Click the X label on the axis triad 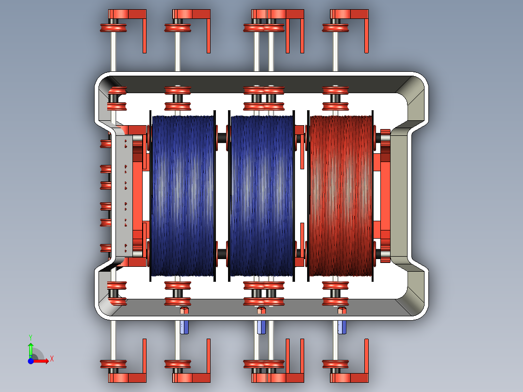tap(52, 359)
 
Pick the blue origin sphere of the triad tap(31, 361)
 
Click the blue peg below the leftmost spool tap(184, 327)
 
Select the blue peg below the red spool tap(343, 327)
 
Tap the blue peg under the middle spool tap(261, 327)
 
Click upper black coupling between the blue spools tap(222, 138)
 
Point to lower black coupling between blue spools tap(222, 254)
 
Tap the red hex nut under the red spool tap(342, 310)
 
